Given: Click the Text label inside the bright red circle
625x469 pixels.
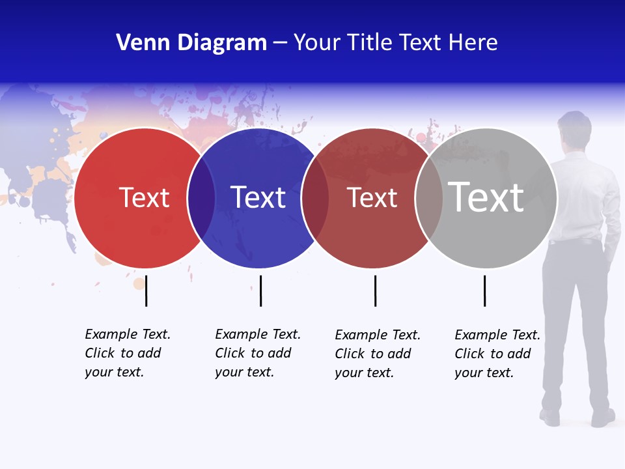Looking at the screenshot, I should (144, 197).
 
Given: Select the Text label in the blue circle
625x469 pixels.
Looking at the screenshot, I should (258, 197).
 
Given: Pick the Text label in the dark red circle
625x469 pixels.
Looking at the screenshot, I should (372, 198).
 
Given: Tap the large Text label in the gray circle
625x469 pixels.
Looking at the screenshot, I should (486, 197).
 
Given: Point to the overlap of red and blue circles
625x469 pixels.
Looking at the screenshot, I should (201, 198).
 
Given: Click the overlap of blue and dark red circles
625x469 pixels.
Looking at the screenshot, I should (315, 198).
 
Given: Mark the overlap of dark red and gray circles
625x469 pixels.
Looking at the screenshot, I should (429, 198).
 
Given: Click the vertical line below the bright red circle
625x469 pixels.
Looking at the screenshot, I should (146, 291).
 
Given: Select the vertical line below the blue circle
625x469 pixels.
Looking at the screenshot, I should (260, 291).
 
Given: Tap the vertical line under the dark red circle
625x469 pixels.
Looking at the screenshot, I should (375, 291).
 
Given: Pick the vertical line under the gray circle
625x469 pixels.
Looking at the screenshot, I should (484, 291).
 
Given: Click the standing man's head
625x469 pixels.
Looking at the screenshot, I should (574, 128).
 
